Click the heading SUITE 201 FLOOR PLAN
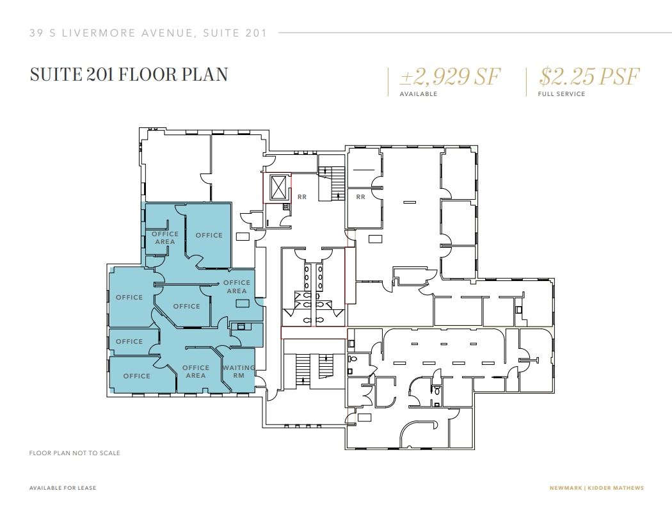pos(129,74)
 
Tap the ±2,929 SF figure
pos(449,77)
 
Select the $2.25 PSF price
pos(589,77)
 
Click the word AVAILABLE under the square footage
pos(419,94)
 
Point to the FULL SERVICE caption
pos(561,94)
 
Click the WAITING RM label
pos(238,371)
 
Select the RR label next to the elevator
pos(302,197)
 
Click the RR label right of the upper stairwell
pos(360,197)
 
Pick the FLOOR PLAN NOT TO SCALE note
pos(75,453)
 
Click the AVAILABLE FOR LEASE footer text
pos(63,488)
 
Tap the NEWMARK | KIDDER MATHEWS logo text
pos(596,488)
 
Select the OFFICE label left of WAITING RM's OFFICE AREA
pos(136,376)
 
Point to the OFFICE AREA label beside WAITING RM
pos(196,371)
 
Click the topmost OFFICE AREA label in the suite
pos(164,238)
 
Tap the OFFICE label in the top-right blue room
pos(209,236)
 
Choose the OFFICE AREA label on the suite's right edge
pos(237,287)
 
